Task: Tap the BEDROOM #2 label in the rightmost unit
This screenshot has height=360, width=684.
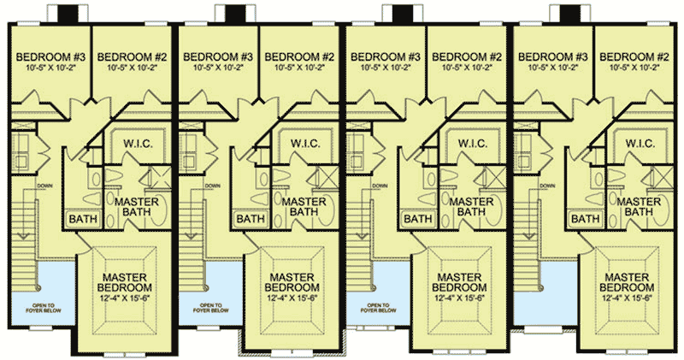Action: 632,56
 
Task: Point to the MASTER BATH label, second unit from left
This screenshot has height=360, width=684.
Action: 292,204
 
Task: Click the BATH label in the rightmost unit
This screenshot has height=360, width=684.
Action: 585,219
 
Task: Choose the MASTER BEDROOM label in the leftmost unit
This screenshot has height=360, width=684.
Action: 129,283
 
